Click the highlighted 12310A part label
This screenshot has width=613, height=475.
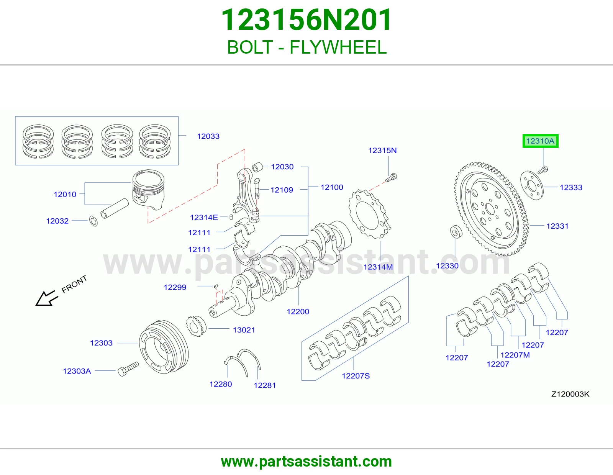coord(540,141)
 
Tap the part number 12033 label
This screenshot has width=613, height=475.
coord(208,136)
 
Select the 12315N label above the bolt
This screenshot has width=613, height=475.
coord(382,151)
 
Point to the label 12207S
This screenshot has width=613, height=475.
coord(356,376)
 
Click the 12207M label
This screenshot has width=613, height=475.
coord(515,355)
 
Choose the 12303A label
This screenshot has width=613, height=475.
coord(77,371)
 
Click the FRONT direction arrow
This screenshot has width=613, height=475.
coord(46,298)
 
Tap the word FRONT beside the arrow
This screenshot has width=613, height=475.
coord(74,284)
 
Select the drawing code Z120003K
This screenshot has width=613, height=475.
coord(570,394)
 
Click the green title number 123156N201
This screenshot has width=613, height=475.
coord(306,20)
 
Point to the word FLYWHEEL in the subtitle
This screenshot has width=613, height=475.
coord(338,47)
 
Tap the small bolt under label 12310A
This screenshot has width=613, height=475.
coord(543,170)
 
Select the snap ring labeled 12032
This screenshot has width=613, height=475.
coord(93,221)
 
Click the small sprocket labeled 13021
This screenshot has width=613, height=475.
coord(196,326)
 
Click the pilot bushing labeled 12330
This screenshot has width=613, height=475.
coord(456,232)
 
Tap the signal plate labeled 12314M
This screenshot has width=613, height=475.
coord(370,214)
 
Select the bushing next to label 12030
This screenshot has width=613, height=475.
coord(257,167)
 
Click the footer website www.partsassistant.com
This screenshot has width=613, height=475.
coord(306,462)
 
